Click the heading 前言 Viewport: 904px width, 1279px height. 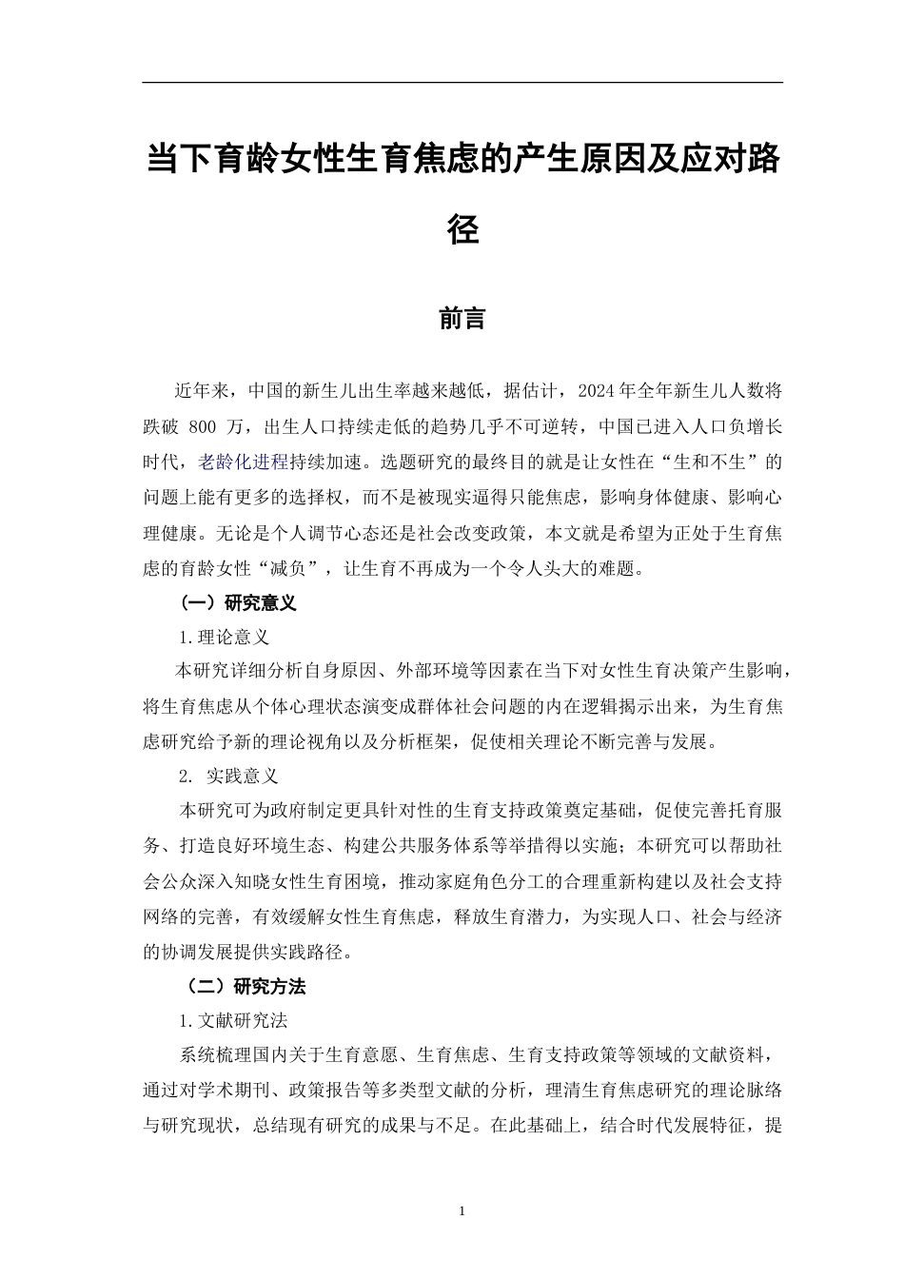tap(462, 319)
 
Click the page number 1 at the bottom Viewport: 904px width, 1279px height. tap(462, 1211)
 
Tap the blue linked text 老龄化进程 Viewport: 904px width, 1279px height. tap(243, 462)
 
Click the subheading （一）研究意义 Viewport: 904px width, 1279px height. tap(238, 602)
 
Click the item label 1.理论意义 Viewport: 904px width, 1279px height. tap(225, 638)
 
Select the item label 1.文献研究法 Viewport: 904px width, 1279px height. tap(233, 1021)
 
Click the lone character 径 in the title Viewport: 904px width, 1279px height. tap(462, 229)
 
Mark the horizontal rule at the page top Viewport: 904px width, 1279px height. tap(462, 83)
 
